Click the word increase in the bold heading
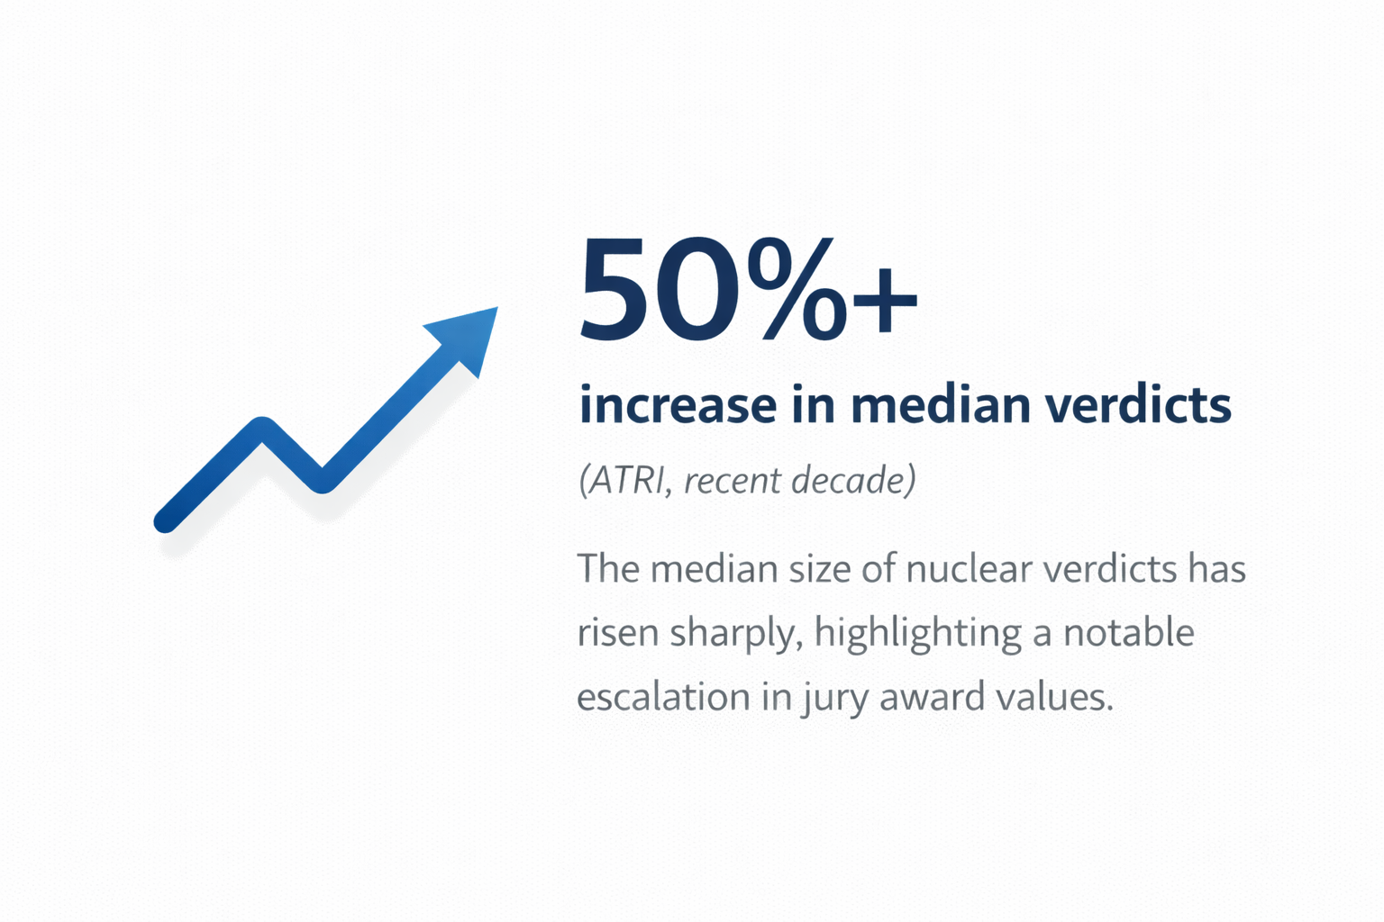(678, 405)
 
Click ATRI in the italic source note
(624, 481)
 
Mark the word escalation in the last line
(663, 697)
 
